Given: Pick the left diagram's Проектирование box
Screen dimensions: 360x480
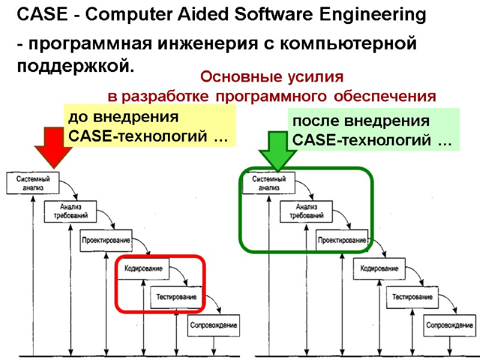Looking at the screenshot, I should [106, 241].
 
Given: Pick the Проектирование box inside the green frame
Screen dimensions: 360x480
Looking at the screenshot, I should [342, 241].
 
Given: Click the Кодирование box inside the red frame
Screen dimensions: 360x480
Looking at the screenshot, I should [143, 269].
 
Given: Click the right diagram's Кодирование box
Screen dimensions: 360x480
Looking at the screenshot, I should [379, 269].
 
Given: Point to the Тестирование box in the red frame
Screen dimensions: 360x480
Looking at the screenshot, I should [176, 297].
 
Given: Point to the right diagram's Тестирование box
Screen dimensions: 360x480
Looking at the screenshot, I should [413, 296].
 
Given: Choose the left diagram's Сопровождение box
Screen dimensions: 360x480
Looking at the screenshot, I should [214, 325].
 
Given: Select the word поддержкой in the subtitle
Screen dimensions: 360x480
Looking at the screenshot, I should [73, 65].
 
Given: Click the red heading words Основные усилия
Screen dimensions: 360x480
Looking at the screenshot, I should [271, 77].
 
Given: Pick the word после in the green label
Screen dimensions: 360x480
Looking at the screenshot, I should [312, 121].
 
